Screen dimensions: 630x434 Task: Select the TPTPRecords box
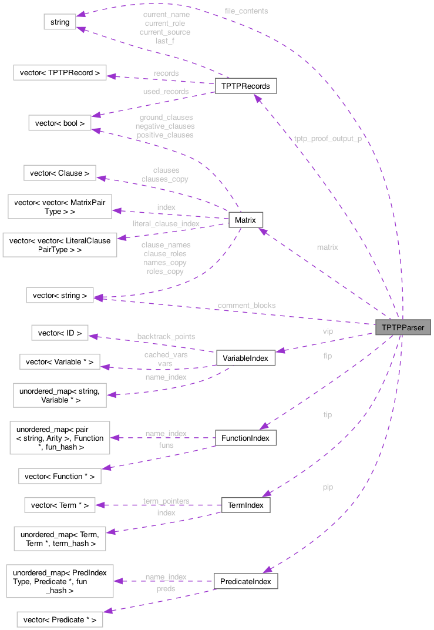(245, 86)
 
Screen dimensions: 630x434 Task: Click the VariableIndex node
(245, 358)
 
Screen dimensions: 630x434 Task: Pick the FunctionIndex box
(245, 438)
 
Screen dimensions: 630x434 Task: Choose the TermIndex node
(245, 505)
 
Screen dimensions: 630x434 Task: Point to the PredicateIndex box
(245, 581)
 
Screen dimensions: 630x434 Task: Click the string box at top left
(59, 22)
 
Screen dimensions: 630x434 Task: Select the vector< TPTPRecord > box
(59, 73)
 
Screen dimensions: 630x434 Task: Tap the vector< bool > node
(60, 123)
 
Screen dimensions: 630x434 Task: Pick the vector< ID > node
(59, 333)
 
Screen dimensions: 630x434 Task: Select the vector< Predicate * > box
(60, 619)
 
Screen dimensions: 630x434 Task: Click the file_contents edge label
(246, 11)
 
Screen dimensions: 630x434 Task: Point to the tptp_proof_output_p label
(328, 139)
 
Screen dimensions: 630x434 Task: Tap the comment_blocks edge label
(245, 305)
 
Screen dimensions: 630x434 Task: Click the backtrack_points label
(166, 336)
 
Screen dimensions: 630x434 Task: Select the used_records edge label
(166, 92)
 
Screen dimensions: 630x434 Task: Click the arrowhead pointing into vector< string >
(99, 298)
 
